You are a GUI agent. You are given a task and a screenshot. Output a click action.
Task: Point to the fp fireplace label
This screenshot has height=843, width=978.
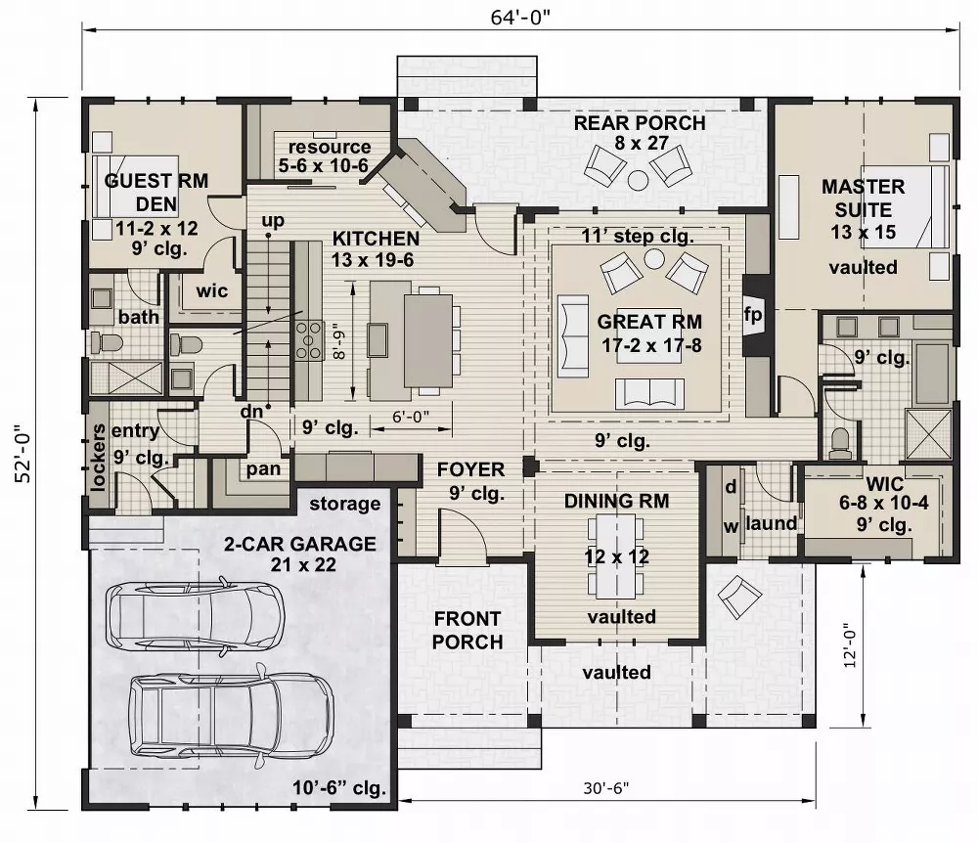(x=752, y=316)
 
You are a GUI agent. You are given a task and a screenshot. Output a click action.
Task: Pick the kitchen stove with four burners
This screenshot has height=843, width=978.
(x=310, y=340)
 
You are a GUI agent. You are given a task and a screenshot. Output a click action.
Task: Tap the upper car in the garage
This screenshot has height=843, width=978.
(x=195, y=614)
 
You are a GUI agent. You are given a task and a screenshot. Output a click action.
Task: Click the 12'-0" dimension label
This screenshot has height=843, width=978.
(x=849, y=645)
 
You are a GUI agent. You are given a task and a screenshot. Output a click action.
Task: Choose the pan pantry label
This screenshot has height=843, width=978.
(x=263, y=469)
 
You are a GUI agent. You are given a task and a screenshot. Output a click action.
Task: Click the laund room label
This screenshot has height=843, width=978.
(x=772, y=523)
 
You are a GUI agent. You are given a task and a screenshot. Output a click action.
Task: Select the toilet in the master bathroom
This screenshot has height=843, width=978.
(x=839, y=442)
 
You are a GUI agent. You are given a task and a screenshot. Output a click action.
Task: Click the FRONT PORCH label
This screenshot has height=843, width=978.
(x=467, y=630)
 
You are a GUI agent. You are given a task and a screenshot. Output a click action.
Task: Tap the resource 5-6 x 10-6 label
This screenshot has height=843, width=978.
(x=324, y=156)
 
